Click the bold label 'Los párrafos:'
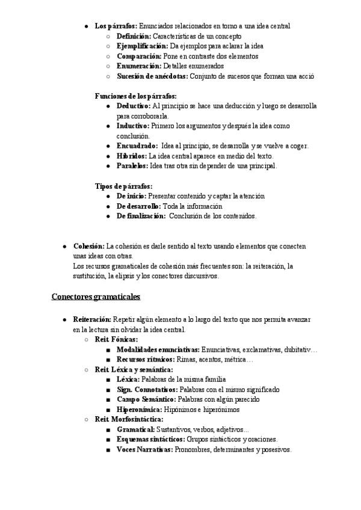[x=116, y=26]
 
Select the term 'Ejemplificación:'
[x=143, y=46]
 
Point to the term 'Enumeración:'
[x=139, y=66]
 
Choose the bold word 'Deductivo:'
[x=134, y=106]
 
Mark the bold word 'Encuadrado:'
[x=137, y=146]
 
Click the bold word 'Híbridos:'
[x=132, y=156]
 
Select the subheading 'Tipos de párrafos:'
[x=123, y=186]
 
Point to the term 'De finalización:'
[x=141, y=216]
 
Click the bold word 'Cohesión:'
[x=88, y=246]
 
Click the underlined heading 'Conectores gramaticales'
[x=96, y=296]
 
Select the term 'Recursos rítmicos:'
[x=145, y=360]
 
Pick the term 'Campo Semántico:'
[x=146, y=399]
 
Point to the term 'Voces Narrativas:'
[x=144, y=449]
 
